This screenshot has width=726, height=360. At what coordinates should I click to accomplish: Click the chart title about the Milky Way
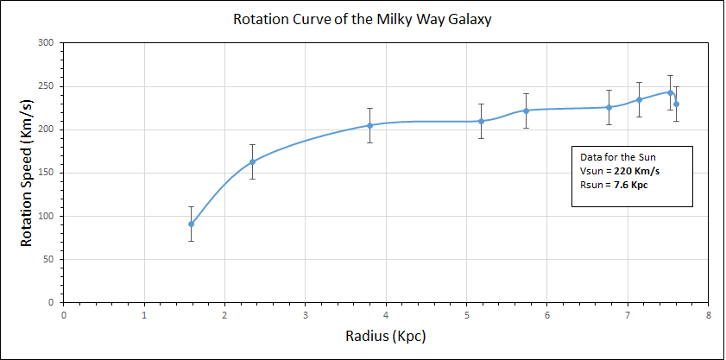pyautogui.click(x=363, y=19)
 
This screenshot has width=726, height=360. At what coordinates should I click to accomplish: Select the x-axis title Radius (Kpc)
pyautogui.click(x=386, y=336)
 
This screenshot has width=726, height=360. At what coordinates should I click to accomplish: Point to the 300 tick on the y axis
pyautogui.click(x=46, y=43)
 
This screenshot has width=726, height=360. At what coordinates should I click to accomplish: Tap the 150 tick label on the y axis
pyautogui.click(x=46, y=173)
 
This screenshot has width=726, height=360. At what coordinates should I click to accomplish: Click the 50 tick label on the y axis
pyautogui.click(x=48, y=260)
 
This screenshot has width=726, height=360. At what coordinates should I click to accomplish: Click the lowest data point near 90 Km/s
pyautogui.click(x=191, y=224)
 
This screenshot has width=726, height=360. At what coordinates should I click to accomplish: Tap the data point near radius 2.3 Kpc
pyautogui.click(x=252, y=161)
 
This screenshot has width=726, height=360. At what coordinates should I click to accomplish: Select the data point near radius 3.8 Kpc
pyautogui.click(x=369, y=125)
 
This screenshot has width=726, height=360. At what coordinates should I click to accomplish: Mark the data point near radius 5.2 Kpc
pyautogui.click(x=482, y=121)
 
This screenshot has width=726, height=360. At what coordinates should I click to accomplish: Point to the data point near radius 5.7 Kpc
pyautogui.click(x=526, y=111)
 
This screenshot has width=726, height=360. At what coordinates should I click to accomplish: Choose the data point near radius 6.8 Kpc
pyautogui.click(x=609, y=107)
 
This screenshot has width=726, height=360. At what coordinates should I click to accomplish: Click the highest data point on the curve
pyautogui.click(x=670, y=92)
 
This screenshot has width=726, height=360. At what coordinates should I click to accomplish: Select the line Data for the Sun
pyautogui.click(x=619, y=156)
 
